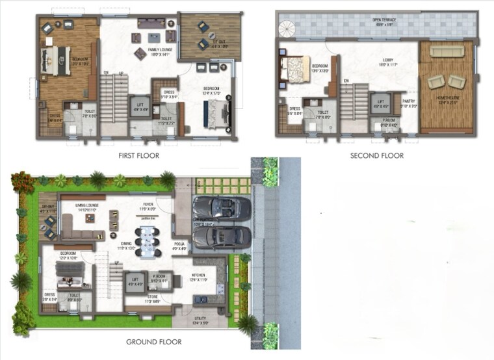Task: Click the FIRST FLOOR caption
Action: (138, 155)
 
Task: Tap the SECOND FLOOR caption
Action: (377, 155)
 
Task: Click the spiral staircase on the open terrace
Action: (287, 28)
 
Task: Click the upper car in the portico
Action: (222, 208)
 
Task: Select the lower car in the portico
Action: (222, 236)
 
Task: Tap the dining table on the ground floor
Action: (148, 240)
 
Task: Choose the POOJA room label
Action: (179, 246)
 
